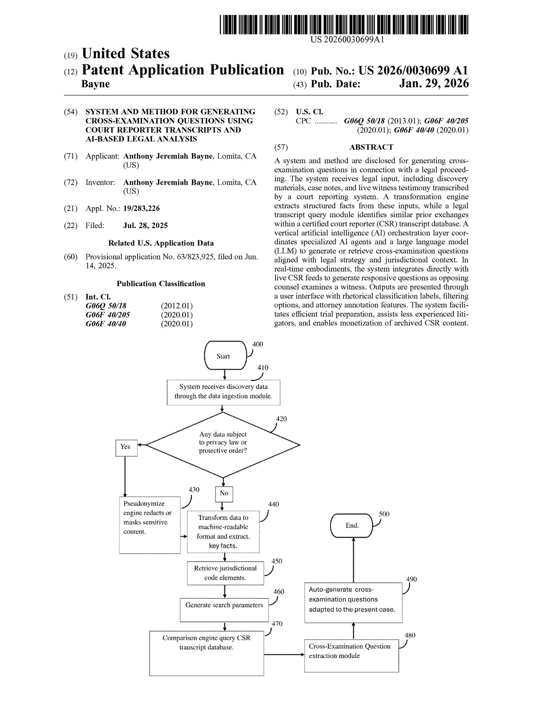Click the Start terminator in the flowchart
pyautogui.click(x=224, y=356)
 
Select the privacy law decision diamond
pyautogui.click(x=223, y=445)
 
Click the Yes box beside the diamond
pyautogui.click(x=126, y=447)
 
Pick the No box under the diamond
pyautogui.click(x=224, y=493)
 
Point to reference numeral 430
pyautogui.click(x=194, y=490)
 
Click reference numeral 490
pyautogui.click(x=411, y=579)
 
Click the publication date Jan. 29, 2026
pyautogui.click(x=433, y=84)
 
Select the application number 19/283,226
pyautogui.click(x=141, y=209)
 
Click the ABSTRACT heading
pyautogui.click(x=371, y=147)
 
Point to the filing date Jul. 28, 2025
pyautogui.click(x=145, y=226)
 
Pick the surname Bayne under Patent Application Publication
pyautogui.click(x=96, y=84)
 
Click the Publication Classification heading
pyautogui.click(x=161, y=284)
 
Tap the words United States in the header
pyautogui.click(x=126, y=54)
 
